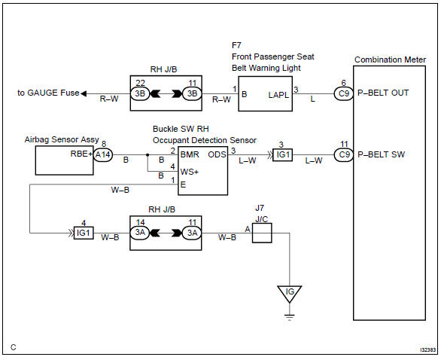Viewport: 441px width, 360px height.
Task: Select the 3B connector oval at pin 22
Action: coord(140,93)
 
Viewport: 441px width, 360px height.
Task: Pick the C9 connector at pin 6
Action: coord(345,93)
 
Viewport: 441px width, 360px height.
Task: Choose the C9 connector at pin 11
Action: coord(345,154)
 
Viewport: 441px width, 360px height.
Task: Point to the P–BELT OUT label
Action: coord(385,93)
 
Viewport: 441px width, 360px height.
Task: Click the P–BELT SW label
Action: coord(383,154)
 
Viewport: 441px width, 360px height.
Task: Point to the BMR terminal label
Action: coord(190,154)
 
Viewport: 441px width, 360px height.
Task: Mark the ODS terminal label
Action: coord(217,154)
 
